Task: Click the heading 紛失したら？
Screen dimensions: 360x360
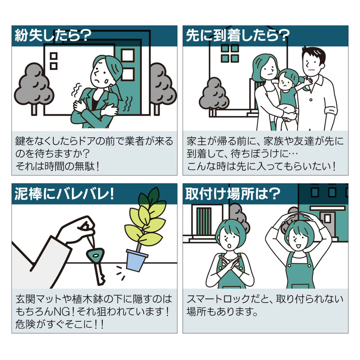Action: pyautogui.click(x=53, y=35)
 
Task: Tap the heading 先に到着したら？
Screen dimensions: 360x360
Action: pyautogui.click(x=238, y=35)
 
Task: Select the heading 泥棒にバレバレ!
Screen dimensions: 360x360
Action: pyautogui.click(x=64, y=194)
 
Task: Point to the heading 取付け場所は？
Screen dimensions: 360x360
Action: pyautogui.click(x=233, y=194)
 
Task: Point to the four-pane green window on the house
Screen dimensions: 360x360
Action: pyautogui.click(x=230, y=53)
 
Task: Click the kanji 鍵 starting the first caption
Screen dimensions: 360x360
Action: pyautogui.click(x=20, y=141)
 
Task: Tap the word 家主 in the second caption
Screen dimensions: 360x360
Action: pyautogui.click(x=197, y=141)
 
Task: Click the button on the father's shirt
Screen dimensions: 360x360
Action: pyautogui.click(x=311, y=100)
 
